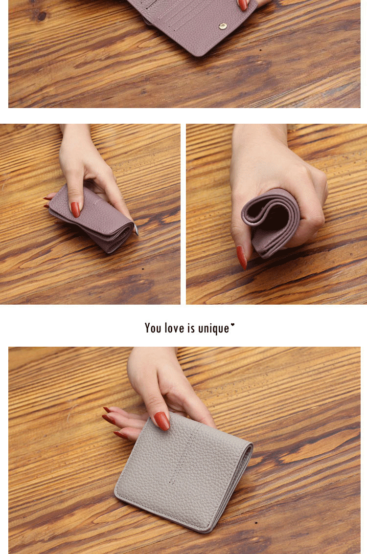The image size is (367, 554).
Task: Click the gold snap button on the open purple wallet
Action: coord(222,26)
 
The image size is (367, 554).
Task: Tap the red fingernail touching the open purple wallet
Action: coord(243,4)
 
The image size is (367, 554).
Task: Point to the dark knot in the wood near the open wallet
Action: coord(42,16)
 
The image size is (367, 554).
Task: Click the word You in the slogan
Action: coord(153,328)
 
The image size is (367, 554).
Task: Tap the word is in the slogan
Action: coord(191,328)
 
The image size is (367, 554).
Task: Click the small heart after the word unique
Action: coord(232,325)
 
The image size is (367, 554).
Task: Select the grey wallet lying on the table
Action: coord(183,472)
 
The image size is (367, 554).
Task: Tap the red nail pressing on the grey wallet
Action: coord(161,421)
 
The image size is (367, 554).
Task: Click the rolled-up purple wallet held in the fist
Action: coord(271,222)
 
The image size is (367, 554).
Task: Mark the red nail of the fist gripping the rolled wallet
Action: coord(242,257)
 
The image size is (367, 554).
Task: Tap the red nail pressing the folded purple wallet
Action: coord(75,209)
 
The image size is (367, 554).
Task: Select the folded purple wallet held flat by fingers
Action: coord(92,219)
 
